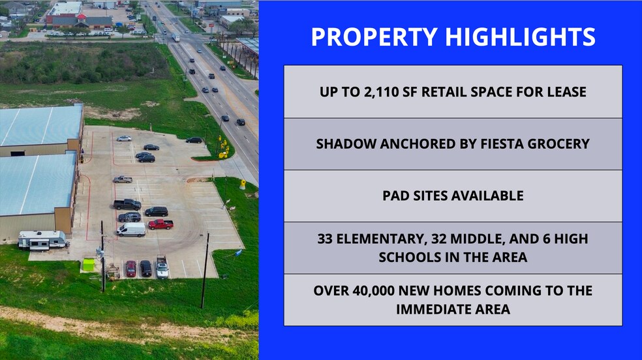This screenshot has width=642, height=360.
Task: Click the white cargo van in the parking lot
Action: [x=130, y=230]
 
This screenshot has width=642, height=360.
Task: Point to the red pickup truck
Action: [x=160, y=224]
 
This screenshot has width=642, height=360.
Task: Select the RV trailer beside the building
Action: [x=42, y=241]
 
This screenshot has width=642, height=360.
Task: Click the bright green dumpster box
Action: [x=88, y=265]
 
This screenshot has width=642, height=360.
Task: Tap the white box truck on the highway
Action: [x=176, y=38]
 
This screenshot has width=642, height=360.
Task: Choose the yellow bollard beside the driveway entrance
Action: [x=242, y=185]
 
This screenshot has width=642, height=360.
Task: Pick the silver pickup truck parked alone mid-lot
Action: [x=122, y=179]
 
